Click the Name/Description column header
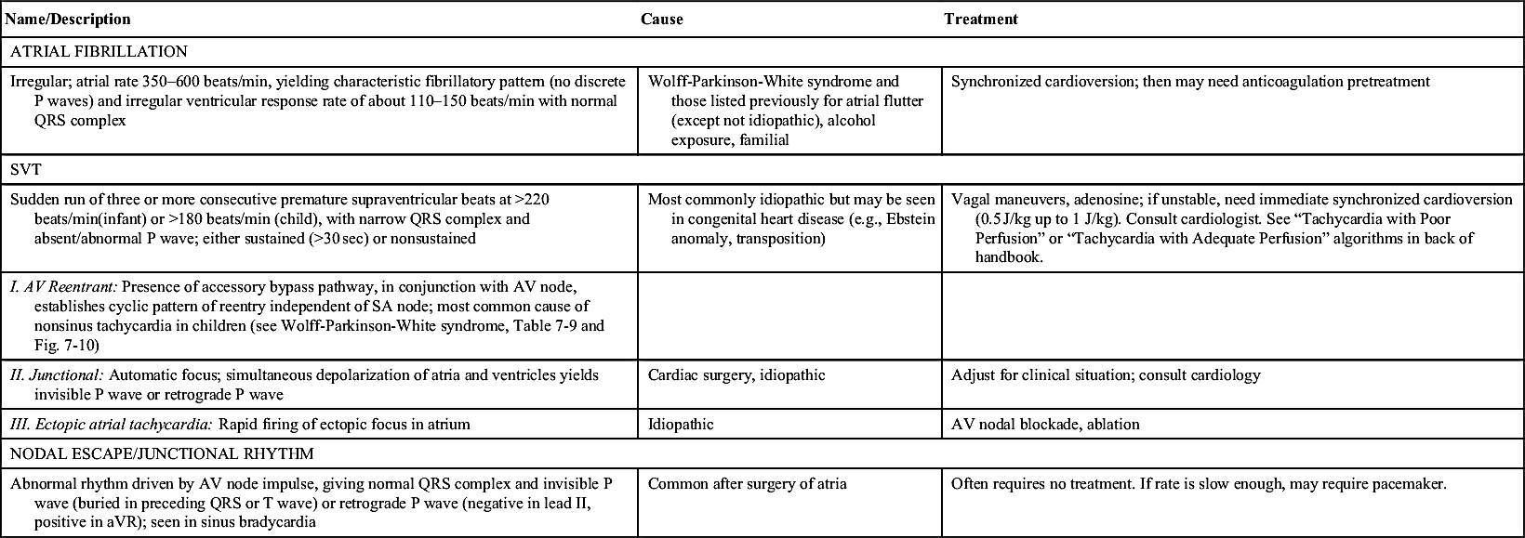pos(68,19)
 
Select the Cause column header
pos(661,19)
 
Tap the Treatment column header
pos(980,19)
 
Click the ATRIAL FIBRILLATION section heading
pos(99,52)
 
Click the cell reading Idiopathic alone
pos(680,425)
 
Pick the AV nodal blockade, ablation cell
pos(1045,425)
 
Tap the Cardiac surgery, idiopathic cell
pos(736,375)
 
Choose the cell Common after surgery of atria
pos(747,484)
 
